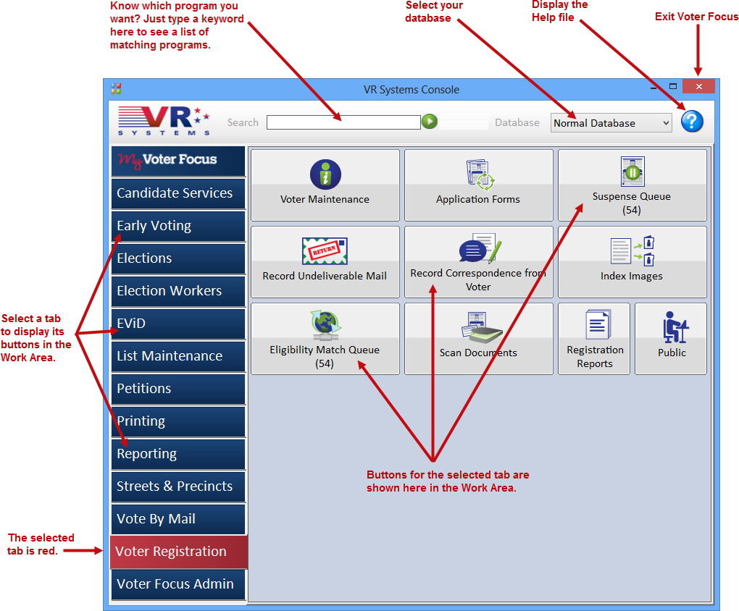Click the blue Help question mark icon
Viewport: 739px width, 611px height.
point(692,122)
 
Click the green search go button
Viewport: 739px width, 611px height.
point(430,122)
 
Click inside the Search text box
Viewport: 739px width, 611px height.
point(343,122)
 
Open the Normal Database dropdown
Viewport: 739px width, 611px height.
point(611,123)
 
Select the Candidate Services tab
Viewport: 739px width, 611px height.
point(178,193)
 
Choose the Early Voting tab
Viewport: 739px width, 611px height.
point(178,226)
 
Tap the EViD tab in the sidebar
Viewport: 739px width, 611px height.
point(178,324)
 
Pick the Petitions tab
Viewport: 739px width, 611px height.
point(178,389)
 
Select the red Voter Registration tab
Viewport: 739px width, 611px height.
point(179,552)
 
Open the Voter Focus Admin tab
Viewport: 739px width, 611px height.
point(178,584)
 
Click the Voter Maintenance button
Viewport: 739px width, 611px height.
point(325,185)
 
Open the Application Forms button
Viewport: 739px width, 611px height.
point(478,185)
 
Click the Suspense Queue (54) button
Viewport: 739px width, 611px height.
point(632,185)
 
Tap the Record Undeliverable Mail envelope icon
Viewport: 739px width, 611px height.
point(325,251)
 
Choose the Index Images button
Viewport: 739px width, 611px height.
point(632,262)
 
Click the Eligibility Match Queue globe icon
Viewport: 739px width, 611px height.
point(326,325)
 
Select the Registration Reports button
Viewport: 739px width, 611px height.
point(594,339)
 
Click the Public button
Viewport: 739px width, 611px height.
point(671,339)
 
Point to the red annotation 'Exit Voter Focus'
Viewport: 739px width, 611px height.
point(696,17)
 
